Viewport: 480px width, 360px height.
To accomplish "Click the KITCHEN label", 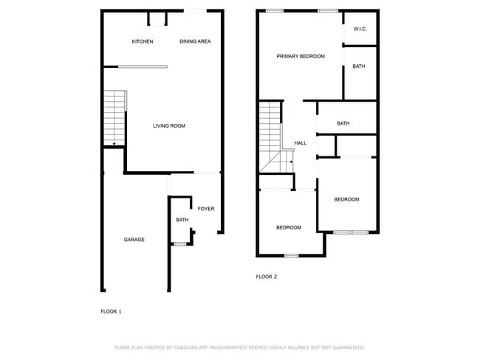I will tap(143, 41).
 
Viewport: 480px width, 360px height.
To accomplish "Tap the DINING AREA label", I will tap(195, 41).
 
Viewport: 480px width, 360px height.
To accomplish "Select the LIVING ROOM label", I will tap(169, 126).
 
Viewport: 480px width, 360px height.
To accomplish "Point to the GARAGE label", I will tap(134, 240).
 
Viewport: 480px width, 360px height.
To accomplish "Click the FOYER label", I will tap(206, 209).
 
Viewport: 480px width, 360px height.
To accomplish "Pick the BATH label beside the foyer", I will tap(182, 221).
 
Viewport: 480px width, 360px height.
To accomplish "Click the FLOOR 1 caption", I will tap(111, 311).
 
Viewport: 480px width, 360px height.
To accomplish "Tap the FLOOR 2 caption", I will tap(266, 277).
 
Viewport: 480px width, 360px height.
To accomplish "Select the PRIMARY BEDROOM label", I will tap(301, 56).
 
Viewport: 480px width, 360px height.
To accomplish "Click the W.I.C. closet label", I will tap(360, 29).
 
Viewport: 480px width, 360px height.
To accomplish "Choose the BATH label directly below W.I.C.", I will tap(358, 66).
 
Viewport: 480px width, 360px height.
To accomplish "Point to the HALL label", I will tap(301, 143).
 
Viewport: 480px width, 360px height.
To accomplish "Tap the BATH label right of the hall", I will tap(343, 123).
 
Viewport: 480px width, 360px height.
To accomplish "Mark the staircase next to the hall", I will tap(270, 136).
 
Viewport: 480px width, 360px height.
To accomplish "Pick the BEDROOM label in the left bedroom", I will tap(289, 227).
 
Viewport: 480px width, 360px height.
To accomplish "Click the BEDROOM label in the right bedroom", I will tap(346, 199).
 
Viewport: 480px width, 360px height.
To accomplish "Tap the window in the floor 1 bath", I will tap(179, 243).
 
